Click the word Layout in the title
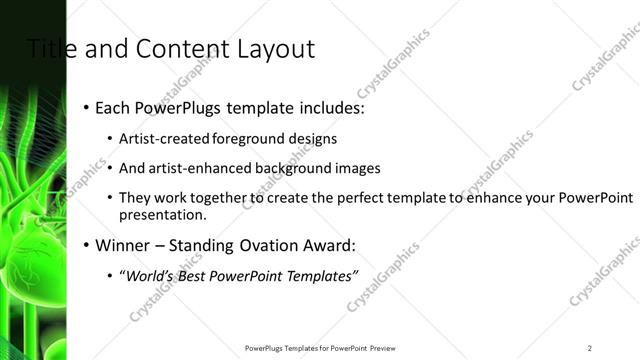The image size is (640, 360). pos(278,48)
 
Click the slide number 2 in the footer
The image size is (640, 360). pos(590,347)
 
